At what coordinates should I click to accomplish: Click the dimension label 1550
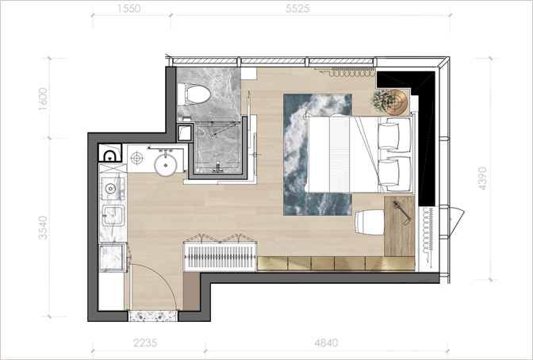(129, 8)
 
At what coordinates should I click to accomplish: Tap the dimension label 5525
(297, 9)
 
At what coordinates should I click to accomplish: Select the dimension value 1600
(43, 99)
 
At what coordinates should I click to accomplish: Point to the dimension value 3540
(43, 228)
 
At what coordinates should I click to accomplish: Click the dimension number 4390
(483, 178)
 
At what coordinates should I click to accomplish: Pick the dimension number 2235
(145, 343)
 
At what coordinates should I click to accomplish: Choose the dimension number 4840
(326, 343)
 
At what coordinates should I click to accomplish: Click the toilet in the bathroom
(194, 94)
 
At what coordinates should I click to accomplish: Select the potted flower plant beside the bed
(381, 100)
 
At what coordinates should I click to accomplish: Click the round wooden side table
(396, 102)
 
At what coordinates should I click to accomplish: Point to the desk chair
(370, 222)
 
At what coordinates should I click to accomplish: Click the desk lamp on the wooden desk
(402, 213)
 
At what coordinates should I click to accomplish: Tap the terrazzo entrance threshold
(153, 316)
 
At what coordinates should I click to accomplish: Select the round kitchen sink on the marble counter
(110, 189)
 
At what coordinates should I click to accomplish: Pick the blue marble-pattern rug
(317, 155)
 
